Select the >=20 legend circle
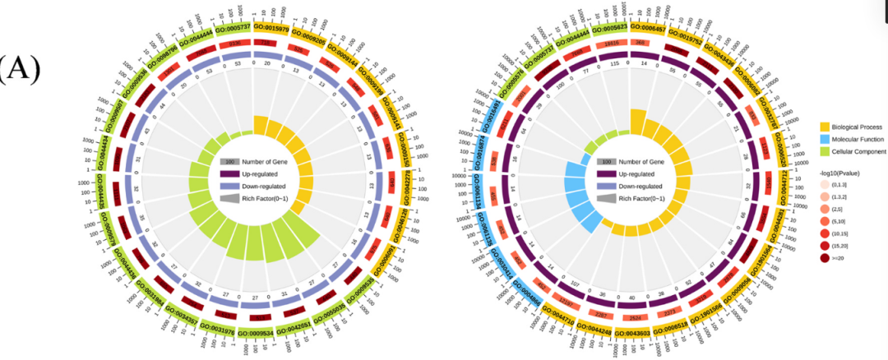[826, 259]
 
